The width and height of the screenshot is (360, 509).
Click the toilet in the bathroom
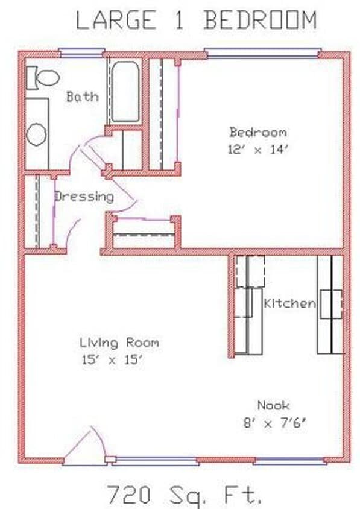pos(42,77)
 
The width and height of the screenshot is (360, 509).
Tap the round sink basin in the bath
pos(36,134)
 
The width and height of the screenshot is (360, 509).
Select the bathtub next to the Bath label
pos(125,90)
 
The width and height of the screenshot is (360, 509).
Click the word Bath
pos(82,96)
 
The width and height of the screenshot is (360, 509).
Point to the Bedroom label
pos(257,132)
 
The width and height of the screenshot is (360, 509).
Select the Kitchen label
pos(289,303)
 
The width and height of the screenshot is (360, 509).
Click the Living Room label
pos(119,343)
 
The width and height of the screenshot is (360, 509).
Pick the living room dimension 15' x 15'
pos(113,361)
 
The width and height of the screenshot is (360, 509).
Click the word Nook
pos(273,405)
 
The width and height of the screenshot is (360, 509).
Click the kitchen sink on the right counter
pos(331,304)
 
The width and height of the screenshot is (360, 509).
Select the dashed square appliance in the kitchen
pos(250,271)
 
